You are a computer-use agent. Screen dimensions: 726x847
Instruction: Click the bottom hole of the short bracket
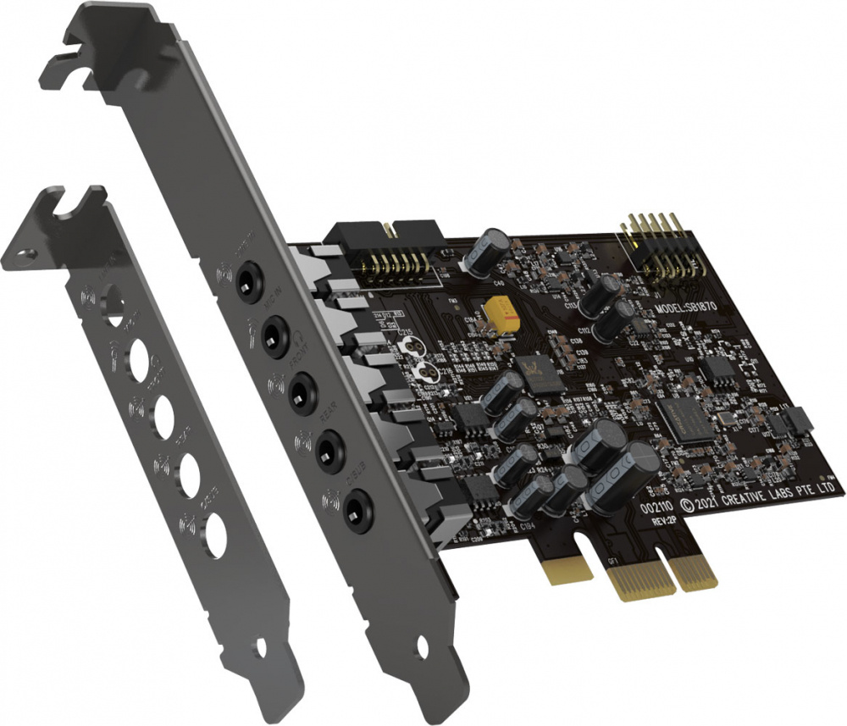(213, 536)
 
